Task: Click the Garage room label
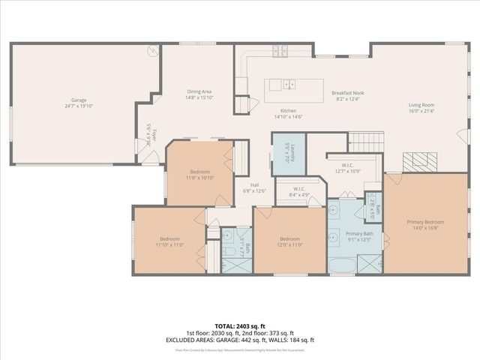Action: [x=79, y=99]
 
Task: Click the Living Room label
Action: [x=421, y=105]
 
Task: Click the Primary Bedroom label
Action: [x=425, y=222]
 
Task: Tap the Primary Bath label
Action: [x=354, y=234]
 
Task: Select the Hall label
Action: [x=254, y=184]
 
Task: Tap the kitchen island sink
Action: [x=289, y=85]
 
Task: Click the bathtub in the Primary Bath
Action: [x=340, y=262]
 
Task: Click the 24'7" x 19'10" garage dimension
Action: [x=79, y=106]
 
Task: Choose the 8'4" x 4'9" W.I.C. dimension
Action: [x=298, y=195]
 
